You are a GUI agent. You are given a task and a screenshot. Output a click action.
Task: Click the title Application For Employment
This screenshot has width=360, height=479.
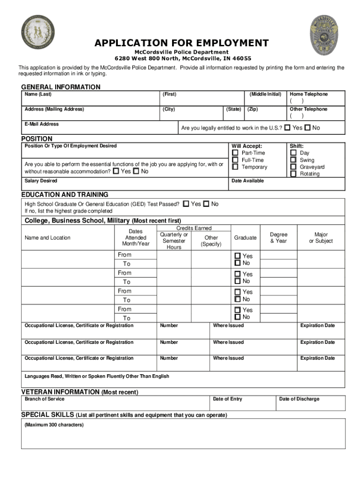tap(182, 44)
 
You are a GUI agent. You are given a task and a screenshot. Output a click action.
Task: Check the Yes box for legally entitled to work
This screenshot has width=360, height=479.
tap(287, 127)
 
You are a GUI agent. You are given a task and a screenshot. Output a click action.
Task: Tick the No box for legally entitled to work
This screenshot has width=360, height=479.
tap(307, 127)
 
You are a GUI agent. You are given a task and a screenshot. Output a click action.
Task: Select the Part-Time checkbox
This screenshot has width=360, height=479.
tap(235, 153)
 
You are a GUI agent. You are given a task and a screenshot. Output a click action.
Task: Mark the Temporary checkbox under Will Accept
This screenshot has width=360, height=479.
tap(235, 167)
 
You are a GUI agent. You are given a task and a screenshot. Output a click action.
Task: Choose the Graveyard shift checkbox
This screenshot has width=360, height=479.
tap(293, 167)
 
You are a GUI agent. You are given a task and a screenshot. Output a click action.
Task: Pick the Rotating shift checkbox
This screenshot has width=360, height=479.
tap(293, 174)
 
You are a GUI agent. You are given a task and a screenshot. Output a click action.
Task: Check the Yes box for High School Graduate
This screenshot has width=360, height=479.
tap(186, 204)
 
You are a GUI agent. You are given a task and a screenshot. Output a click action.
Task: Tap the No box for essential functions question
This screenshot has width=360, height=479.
tap(136, 171)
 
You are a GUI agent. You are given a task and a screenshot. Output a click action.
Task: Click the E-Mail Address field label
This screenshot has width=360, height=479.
tap(42, 124)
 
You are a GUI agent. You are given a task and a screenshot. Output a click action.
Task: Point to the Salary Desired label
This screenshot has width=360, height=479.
tap(41, 181)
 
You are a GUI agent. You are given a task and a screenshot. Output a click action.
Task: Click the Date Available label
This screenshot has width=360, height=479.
tap(247, 181)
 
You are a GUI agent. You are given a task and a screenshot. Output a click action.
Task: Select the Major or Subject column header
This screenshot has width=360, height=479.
tap(321, 238)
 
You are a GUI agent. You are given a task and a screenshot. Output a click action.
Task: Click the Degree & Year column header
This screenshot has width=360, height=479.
tap(279, 238)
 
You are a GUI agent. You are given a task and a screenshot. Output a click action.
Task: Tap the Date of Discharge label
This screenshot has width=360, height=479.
tap(299, 399)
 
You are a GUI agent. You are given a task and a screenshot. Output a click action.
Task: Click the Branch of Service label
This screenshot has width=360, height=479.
tap(44, 399)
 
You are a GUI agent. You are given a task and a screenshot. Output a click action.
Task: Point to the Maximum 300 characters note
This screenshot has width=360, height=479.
tap(54, 425)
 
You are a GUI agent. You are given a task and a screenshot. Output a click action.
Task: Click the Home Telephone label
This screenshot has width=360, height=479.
tap(309, 94)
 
